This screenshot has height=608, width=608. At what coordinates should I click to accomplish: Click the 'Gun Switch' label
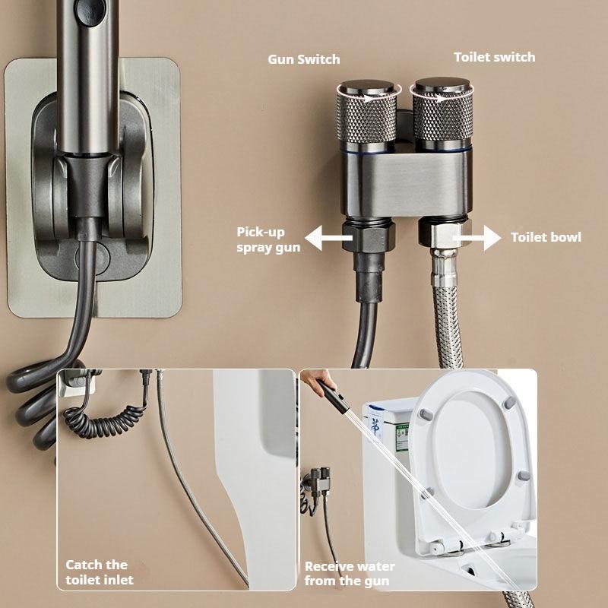(x=304, y=59)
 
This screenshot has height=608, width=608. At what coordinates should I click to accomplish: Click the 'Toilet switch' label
(x=494, y=57)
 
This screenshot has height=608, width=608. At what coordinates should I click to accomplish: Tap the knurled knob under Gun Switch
(x=366, y=114)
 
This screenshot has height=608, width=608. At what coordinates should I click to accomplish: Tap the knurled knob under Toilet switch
(x=442, y=114)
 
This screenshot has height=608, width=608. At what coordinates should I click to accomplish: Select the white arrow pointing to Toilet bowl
(x=477, y=238)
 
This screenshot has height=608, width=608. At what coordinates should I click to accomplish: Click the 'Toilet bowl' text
(x=546, y=237)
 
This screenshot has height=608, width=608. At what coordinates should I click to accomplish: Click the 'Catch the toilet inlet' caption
(x=100, y=572)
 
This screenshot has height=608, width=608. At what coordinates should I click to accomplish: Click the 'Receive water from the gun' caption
(x=349, y=574)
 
